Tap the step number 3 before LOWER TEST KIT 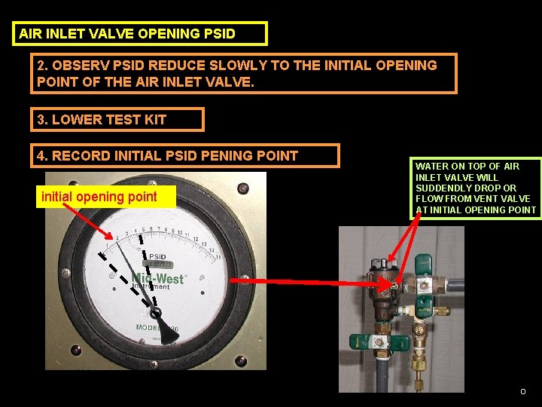pyautogui.click(x=41, y=119)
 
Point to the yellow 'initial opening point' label pyautogui.click(x=99, y=197)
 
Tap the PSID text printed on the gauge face pyautogui.click(x=157, y=256)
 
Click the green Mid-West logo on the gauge pyautogui.click(x=158, y=278)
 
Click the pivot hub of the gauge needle pyautogui.click(x=156, y=312)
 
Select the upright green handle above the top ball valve pyautogui.click(x=422, y=261)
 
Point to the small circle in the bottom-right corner pyautogui.click(x=523, y=391)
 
